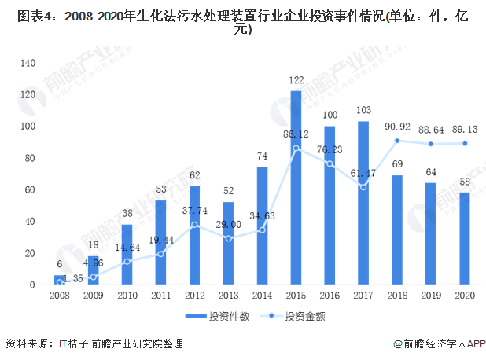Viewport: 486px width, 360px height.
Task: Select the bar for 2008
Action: (60, 280)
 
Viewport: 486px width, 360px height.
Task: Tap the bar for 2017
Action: (363, 203)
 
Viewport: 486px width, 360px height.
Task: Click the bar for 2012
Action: (195, 235)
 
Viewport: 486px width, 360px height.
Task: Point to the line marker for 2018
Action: (397, 141)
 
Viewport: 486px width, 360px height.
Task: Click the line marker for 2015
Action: (296, 148)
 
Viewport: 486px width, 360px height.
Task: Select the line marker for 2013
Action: (228, 238)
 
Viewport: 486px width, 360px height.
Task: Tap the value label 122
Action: (296, 81)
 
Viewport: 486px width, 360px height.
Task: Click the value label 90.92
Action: (397, 127)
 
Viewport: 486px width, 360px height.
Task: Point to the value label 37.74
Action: (194, 211)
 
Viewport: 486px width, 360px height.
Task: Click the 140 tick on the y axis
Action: (28, 63)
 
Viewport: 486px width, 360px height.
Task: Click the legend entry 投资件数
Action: (222, 317)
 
